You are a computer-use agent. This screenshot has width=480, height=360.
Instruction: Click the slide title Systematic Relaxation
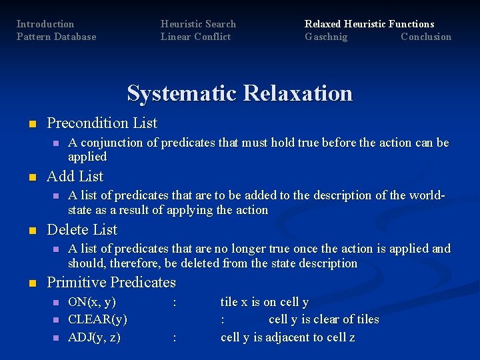[239, 93]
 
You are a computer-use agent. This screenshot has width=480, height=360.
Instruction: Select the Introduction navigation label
[45, 24]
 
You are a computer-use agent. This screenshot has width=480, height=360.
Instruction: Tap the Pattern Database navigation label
[56, 37]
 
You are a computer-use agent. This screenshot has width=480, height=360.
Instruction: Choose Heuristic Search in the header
[198, 24]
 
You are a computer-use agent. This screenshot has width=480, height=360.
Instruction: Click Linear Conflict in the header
[195, 37]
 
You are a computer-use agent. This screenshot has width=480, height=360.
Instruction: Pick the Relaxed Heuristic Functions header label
[369, 24]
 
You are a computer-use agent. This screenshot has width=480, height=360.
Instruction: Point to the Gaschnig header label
[326, 37]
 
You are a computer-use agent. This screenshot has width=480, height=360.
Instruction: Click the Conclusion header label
[425, 37]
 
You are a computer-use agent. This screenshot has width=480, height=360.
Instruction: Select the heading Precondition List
[102, 123]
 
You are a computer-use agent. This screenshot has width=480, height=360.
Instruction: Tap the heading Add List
[75, 177]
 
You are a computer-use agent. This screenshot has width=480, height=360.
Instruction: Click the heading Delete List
[82, 230]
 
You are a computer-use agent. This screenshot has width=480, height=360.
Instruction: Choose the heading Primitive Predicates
[111, 283]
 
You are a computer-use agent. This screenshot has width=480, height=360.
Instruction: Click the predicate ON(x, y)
[92, 302]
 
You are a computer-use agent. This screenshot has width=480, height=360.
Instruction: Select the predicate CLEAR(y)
[97, 319]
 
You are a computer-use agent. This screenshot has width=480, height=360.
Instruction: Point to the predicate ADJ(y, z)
[94, 337]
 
